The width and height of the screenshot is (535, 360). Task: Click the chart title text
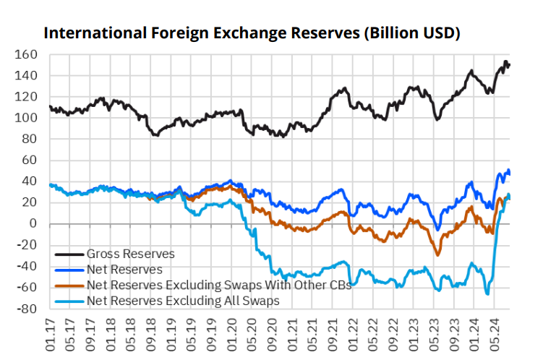[252, 33]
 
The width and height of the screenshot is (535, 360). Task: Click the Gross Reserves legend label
[129, 254]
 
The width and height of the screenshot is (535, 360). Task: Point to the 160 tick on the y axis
[26, 55]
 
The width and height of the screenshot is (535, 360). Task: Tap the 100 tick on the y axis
[26, 118]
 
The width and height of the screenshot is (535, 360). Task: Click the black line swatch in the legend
[69, 254]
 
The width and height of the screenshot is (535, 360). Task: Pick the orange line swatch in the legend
[69, 285]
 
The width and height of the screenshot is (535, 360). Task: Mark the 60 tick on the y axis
[29, 160]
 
